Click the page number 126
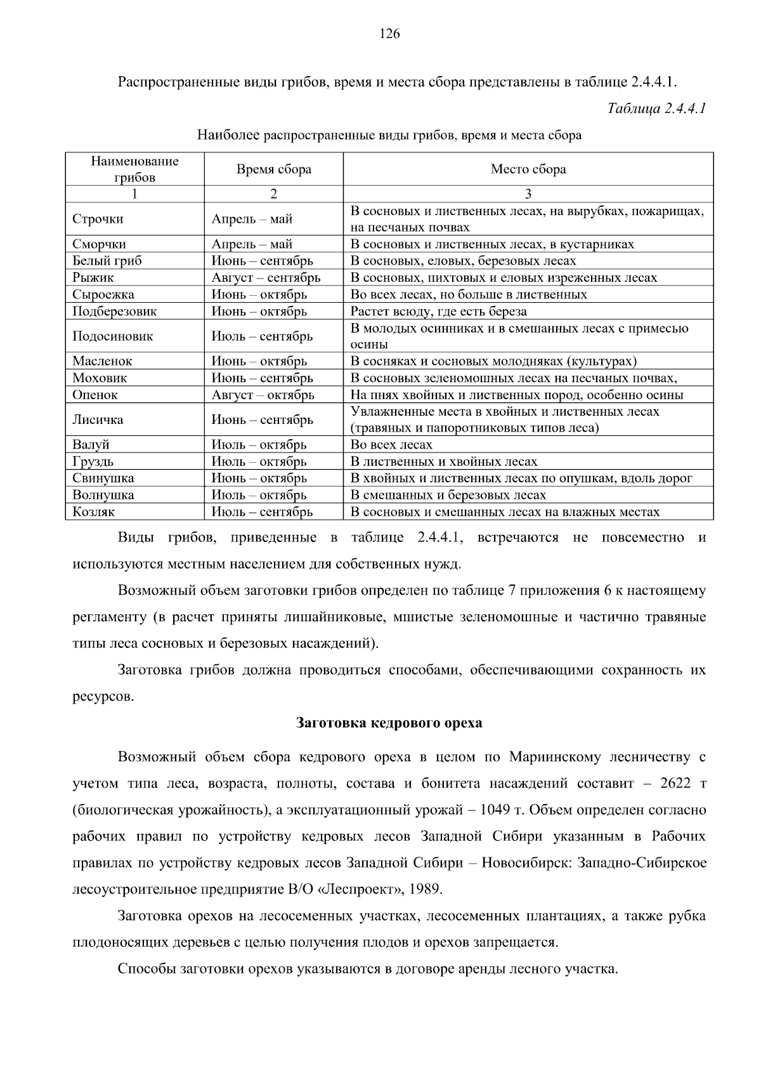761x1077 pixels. tap(389, 34)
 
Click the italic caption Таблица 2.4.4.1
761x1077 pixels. tap(656, 108)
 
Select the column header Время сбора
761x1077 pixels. tap(274, 169)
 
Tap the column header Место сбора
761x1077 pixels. tap(528, 169)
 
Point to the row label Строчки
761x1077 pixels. tap(98, 219)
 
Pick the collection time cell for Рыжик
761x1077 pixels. tap(266, 277)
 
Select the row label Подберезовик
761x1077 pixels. tap(114, 311)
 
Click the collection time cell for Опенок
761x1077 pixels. tap(263, 395)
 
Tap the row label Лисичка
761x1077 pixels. tap(98, 420)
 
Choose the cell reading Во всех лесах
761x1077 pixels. tap(391, 445)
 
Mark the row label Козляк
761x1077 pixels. tap(93, 512)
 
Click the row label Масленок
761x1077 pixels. tap(102, 361)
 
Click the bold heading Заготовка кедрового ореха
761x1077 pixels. tap(389, 723)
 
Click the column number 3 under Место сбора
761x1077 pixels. tap(528, 194)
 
